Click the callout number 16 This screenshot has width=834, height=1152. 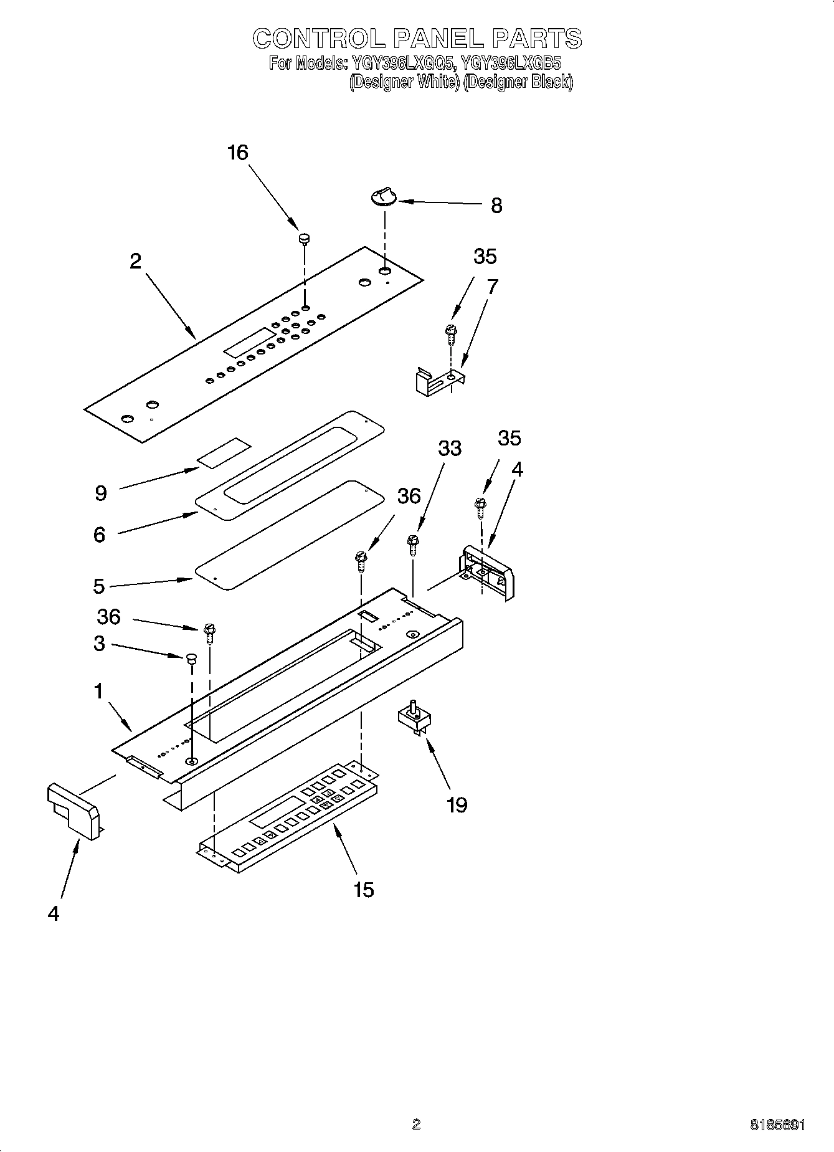238,153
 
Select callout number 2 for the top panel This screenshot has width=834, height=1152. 135,261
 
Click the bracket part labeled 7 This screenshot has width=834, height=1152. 440,379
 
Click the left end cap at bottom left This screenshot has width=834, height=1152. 73,810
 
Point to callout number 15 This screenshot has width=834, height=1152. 364,889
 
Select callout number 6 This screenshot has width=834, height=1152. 100,534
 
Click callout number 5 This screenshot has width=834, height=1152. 99,586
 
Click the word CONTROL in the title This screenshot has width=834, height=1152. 319,39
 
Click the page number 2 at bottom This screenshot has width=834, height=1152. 416,1124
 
